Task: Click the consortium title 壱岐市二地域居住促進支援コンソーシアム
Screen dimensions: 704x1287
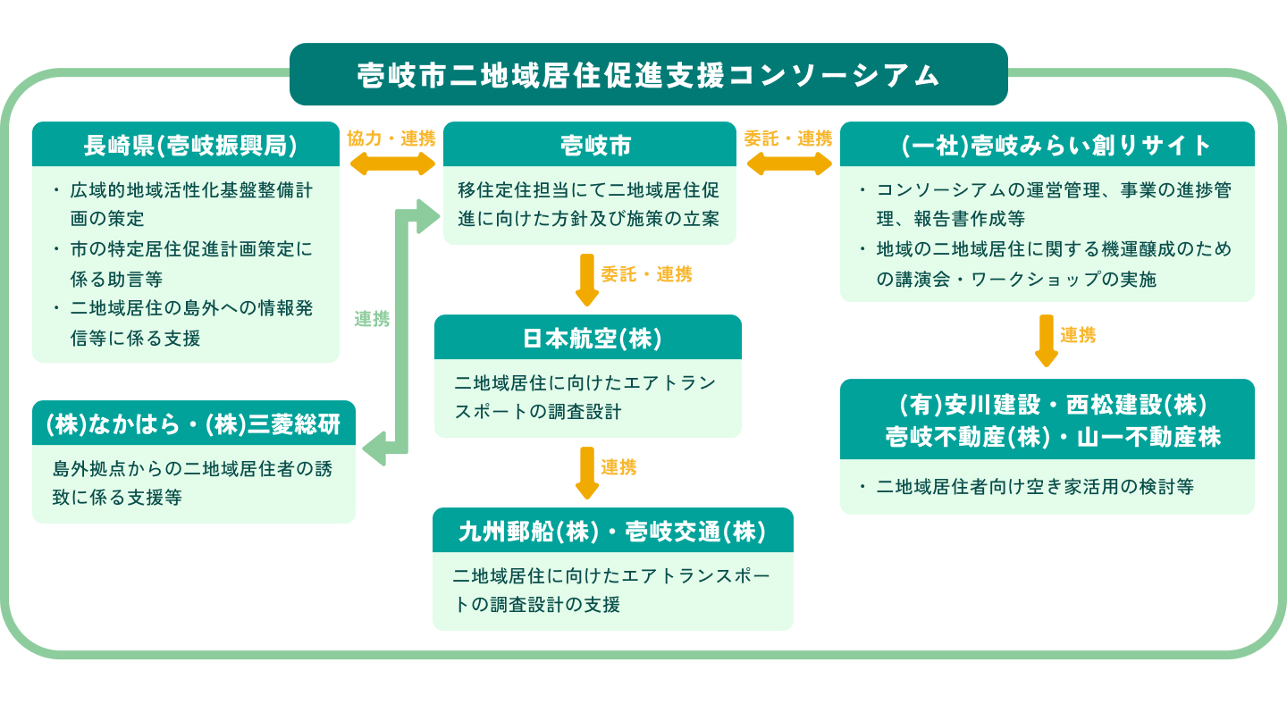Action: click(648, 74)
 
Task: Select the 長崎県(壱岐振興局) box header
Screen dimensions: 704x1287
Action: click(185, 145)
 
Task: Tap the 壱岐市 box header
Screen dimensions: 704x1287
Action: click(590, 145)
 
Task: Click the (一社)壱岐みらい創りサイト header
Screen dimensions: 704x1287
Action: click(1047, 145)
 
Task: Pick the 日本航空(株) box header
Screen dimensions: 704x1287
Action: click(588, 338)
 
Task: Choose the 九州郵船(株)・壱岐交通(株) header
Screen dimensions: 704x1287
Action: click(612, 531)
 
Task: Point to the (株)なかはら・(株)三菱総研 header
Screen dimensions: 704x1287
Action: click(193, 423)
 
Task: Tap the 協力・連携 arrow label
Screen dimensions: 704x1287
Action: click(391, 138)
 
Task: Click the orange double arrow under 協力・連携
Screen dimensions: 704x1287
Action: click(391, 163)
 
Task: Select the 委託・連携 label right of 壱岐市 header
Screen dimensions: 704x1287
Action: click(787, 138)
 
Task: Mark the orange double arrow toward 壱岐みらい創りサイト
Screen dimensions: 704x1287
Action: click(788, 163)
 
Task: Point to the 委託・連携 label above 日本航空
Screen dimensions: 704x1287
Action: click(646, 274)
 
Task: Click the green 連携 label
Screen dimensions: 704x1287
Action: click(372, 319)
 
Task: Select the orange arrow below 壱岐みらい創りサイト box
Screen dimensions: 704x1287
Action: click(1046, 340)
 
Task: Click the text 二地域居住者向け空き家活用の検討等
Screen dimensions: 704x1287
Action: click(1035, 487)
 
